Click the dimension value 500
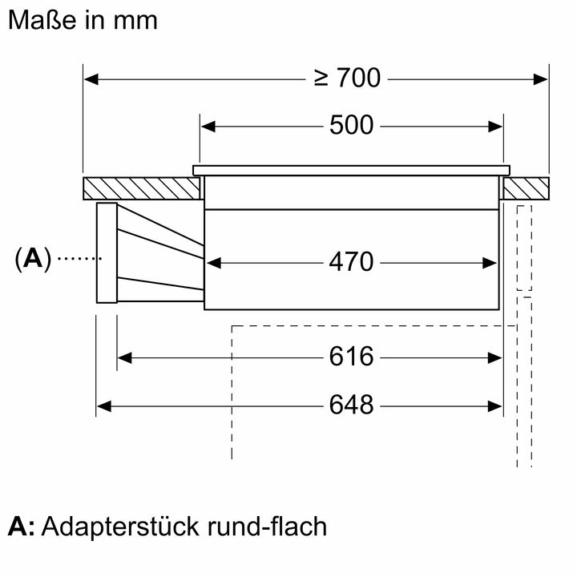point(351,126)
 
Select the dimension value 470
point(351,262)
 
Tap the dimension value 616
point(351,357)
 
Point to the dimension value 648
point(351,406)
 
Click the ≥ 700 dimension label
point(346,79)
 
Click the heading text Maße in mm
point(83,20)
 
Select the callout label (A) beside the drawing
point(32,258)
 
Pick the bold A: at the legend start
point(22,527)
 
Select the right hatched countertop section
point(526,189)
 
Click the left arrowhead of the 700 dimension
point(91,79)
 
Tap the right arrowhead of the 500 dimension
point(496,126)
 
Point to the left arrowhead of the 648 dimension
point(103,406)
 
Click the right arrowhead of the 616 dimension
point(496,357)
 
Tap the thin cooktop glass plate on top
point(351,170)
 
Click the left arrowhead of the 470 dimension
point(212,262)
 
